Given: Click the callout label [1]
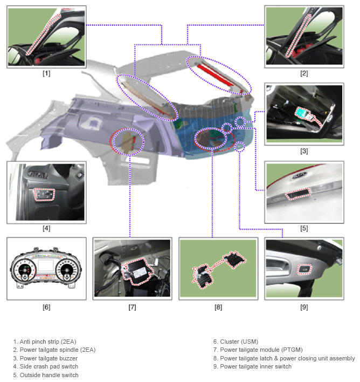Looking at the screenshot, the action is pyautogui.click(x=46, y=73).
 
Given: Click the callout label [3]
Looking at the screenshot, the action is pyautogui.click(x=304, y=151).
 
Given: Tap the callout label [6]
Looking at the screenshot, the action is pyautogui.click(x=46, y=307).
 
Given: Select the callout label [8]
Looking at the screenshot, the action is pyautogui.click(x=218, y=307).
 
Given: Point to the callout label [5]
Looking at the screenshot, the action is pyautogui.click(x=304, y=229).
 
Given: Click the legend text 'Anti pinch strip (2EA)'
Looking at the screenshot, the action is pyautogui.click(x=48, y=342).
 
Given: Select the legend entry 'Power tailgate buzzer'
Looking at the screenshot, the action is pyautogui.click(x=49, y=358).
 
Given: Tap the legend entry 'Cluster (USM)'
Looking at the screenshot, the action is pyautogui.click(x=239, y=342).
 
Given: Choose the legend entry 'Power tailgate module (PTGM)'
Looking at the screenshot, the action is pyautogui.click(x=261, y=350).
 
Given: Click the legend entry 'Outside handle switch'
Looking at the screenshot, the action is pyautogui.click(x=49, y=375).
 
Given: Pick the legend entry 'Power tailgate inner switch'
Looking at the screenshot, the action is pyautogui.click(x=255, y=366).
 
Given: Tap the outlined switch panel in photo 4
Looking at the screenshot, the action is pyautogui.click(x=44, y=194).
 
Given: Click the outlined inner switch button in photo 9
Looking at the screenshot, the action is pyautogui.click(x=304, y=269).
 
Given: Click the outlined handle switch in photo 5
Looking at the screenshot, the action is pyautogui.click(x=298, y=194).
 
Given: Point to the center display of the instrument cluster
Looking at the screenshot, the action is pyautogui.click(x=45, y=265).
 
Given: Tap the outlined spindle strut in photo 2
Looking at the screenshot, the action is pyautogui.click(x=298, y=36).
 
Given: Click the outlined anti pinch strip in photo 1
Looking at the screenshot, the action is pyautogui.click(x=43, y=34).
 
